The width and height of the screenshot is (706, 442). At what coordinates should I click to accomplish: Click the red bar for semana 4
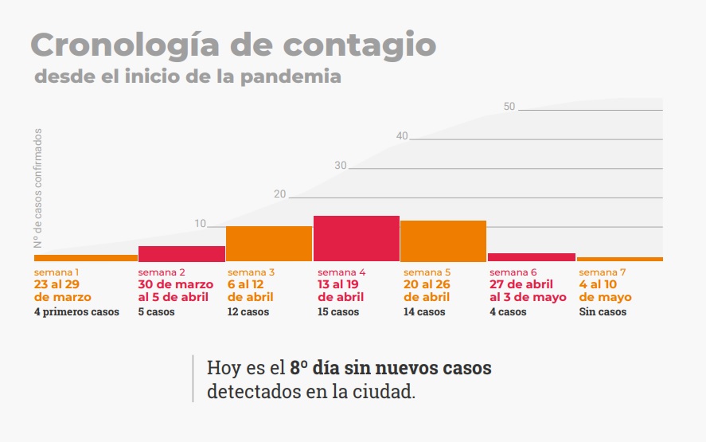pyautogui.click(x=356, y=238)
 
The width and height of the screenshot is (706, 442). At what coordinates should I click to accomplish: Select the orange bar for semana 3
pyautogui.click(x=269, y=244)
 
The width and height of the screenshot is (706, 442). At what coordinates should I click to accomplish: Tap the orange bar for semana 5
pyautogui.click(x=443, y=241)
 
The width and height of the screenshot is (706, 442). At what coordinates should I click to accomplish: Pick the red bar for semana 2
pyautogui.click(x=181, y=253)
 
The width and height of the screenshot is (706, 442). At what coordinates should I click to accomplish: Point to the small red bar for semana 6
pyautogui.click(x=531, y=257)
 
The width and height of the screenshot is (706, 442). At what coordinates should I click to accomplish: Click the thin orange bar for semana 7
pyautogui.click(x=619, y=259)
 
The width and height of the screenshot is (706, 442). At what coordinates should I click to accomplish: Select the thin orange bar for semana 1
pyautogui.click(x=86, y=258)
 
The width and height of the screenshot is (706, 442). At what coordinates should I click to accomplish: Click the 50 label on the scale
pyautogui.click(x=510, y=107)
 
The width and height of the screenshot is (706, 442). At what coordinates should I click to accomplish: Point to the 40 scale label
pyautogui.click(x=402, y=136)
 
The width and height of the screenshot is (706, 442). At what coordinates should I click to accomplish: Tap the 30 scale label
pyautogui.click(x=341, y=166)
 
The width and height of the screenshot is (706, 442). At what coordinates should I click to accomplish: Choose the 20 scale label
pyautogui.click(x=279, y=194)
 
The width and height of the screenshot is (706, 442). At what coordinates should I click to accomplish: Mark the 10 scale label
pyautogui.click(x=201, y=224)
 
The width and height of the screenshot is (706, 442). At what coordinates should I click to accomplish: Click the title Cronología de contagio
pyautogui.click(x=233, y=45)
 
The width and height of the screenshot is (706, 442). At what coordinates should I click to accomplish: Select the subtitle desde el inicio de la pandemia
pyautogui.click(x=188, y=77)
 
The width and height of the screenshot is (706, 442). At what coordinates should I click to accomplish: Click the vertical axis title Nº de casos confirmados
pyautogui.click(x=37, y=188)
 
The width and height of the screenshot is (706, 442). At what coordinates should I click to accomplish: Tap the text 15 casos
pyautogui.click(x=337, y=312)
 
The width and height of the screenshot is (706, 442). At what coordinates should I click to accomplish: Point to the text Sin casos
pyautogui.click(x=603, y=312)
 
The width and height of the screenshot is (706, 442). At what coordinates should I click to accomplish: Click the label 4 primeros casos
pyautogui.click(x=76, y=312)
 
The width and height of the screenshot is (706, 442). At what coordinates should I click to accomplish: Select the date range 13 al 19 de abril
pyautogui.click(x=341, y=291)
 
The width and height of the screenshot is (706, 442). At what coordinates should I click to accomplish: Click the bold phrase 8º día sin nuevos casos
pyautogui.click(x=390, y=368)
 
